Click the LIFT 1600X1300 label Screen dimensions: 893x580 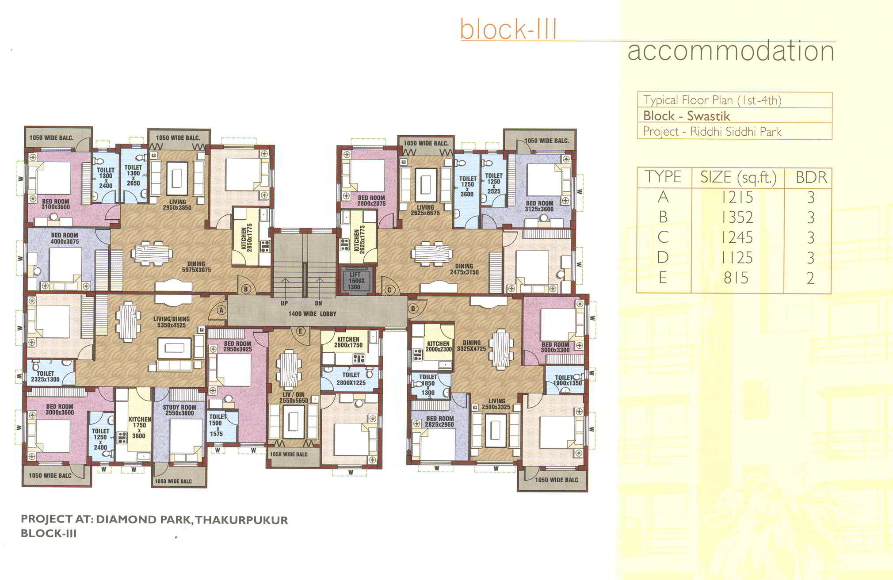(x=354, y=281)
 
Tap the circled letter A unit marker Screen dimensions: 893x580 (x=221, y=310)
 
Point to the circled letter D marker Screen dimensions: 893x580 (x=413, y=309)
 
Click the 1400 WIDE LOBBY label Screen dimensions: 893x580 (x=313, y=314)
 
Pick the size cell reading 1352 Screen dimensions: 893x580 (x=737, y=217)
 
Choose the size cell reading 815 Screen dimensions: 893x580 (x=736, y=278)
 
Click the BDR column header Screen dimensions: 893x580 (x=811, y=177)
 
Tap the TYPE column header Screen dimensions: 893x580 (x=663, y=177)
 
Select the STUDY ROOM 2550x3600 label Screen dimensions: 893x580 (x=179, y=410)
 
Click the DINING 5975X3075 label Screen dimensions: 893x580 (x=196, y=267)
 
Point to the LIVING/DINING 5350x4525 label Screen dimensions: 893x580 (x=172, y=322)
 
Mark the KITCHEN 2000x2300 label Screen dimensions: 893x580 (x=438, y=346)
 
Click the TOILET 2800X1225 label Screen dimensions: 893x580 (x=351, y=379)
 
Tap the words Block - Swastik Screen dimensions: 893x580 (x=687, y=116)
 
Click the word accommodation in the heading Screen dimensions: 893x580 (x=731, y=51)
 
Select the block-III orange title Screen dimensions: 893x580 (x=508, y=29)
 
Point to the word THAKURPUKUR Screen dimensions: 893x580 (x=241, y=520)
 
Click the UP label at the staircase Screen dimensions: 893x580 (x=284, y=303)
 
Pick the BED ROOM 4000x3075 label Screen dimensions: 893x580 (x=65, y=238)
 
